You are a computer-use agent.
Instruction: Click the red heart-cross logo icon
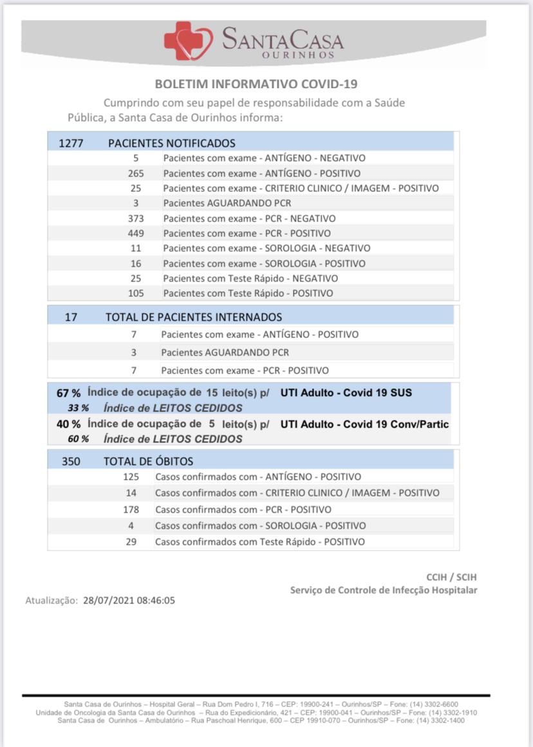[188, 41]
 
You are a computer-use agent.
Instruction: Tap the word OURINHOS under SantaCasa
[299, 55]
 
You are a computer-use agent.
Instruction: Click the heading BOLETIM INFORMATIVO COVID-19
[256, 84]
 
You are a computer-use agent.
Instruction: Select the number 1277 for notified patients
[71, 143]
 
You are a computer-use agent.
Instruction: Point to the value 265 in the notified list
[136, 173]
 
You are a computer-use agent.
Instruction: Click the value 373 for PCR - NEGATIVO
[136, 218]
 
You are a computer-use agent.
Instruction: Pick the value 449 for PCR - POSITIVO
[136, 233]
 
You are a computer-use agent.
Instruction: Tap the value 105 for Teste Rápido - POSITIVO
[136, 293]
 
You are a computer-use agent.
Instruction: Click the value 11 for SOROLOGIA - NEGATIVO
[136, 248]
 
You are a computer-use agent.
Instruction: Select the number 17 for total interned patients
[71, 317]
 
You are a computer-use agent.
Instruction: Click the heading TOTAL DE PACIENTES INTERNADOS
[194, 317]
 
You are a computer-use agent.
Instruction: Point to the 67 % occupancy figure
[68, 393]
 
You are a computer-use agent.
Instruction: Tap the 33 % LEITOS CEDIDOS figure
[79, 408]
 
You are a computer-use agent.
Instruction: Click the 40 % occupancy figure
[68, 424]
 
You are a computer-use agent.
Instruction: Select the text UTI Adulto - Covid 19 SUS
[346, 393]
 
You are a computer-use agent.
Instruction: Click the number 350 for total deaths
[71, 461]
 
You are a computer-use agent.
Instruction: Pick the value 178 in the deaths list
[131, 509]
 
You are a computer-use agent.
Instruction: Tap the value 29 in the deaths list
[131, 542]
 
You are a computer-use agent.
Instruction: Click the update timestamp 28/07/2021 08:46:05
[129, 601]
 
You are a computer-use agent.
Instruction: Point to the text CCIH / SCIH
[451, 577]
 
